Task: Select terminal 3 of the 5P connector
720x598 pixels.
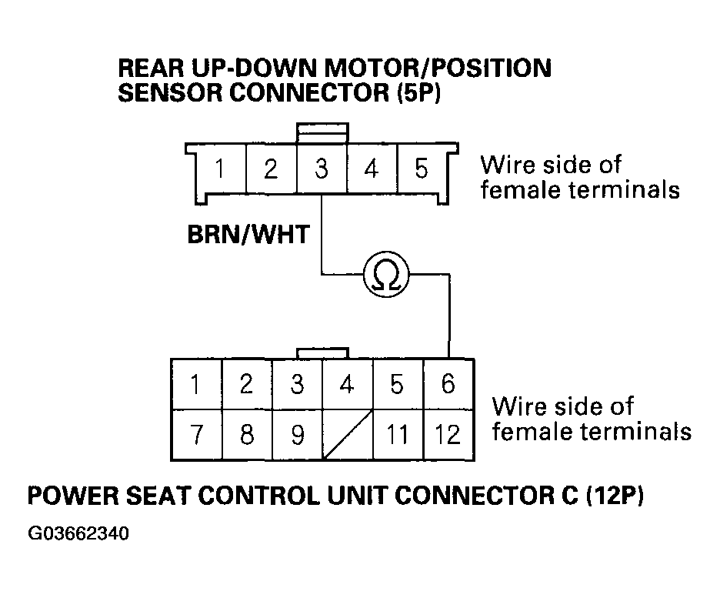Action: coord(322,169)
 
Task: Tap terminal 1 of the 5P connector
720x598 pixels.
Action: coord(220,169)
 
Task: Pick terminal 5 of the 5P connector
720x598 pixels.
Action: coord(422,169)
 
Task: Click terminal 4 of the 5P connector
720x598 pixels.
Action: coord(372,169)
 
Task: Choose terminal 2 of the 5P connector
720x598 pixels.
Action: coord(271,169)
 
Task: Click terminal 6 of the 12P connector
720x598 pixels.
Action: coord(448,383)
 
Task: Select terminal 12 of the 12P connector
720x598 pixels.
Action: coord(448,435)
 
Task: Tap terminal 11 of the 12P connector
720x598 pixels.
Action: coord(398,435)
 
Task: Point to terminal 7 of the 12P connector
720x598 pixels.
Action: coord(196,435)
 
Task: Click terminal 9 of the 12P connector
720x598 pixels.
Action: coord(297,435)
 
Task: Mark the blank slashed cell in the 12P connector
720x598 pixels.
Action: coord(348,435)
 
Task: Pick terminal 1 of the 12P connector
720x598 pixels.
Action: coord(196,383)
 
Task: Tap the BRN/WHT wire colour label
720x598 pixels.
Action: coord(248,234)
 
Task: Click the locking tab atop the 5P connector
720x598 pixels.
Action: coord(322,132)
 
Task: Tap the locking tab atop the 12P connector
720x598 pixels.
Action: coord(322,352)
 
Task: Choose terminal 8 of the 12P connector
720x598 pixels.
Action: coord(246,435)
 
